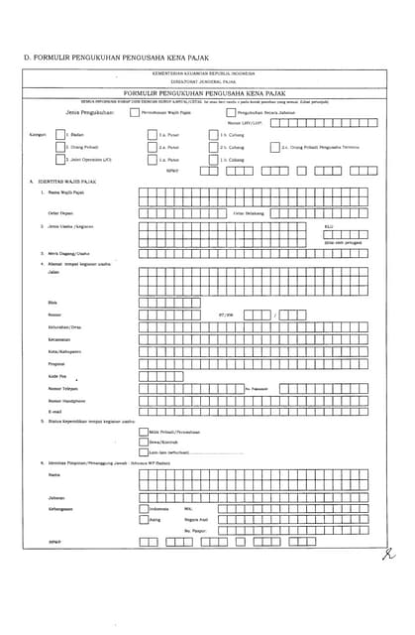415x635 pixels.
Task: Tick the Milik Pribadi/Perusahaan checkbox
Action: (143, 432)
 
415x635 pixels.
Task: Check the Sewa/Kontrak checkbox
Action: (143, 442)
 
